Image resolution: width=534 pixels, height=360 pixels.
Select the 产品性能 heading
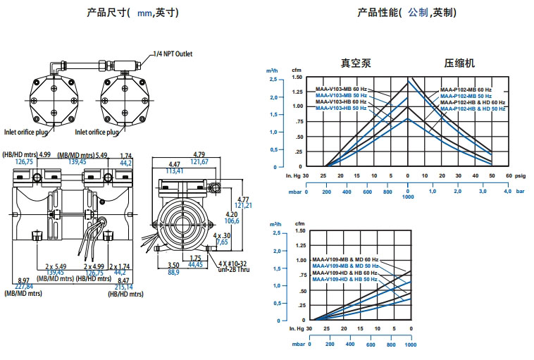[x=379, y=13]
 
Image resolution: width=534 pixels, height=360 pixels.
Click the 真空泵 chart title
[x=356, y=63]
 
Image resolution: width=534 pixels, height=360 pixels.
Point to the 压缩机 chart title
[x=459, y=63]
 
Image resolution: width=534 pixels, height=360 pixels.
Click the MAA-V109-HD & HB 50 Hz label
[x=344, y=280]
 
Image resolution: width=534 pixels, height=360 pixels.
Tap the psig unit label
[x=521, y=176]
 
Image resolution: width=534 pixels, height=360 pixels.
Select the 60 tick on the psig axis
[x=509, y=176]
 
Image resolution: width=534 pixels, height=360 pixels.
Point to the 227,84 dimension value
[x=24, y=287]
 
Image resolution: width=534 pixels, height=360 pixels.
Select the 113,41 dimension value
[x=175, y=170]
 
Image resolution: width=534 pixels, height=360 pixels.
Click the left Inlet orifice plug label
[x=25, y=132]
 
